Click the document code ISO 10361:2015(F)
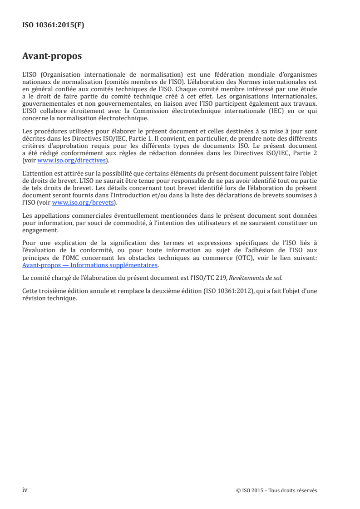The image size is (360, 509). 53,25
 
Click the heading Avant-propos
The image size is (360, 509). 52,57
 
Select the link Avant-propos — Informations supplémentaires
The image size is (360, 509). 90,265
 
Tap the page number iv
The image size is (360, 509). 25,490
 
